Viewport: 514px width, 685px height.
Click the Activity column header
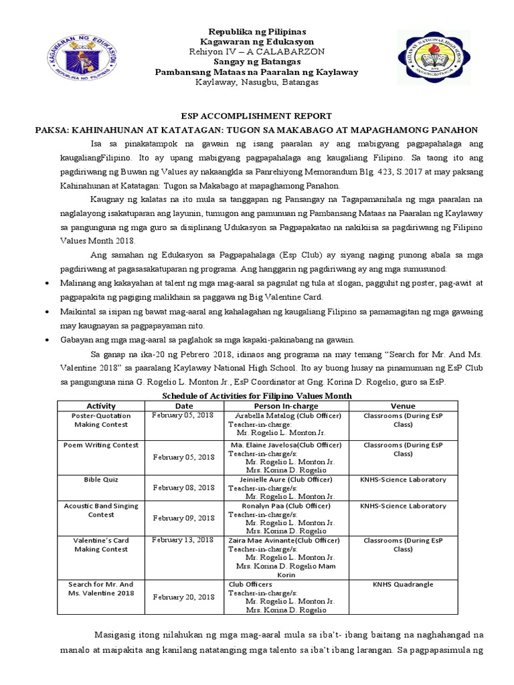(x=101, y=405)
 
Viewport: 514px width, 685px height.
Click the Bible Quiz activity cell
(x=101, y=480)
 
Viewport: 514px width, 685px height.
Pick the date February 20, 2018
(x=183, y=597)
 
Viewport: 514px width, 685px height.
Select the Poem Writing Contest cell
(x=101, y=445)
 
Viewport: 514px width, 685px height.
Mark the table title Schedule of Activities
(x=257, y=396)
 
